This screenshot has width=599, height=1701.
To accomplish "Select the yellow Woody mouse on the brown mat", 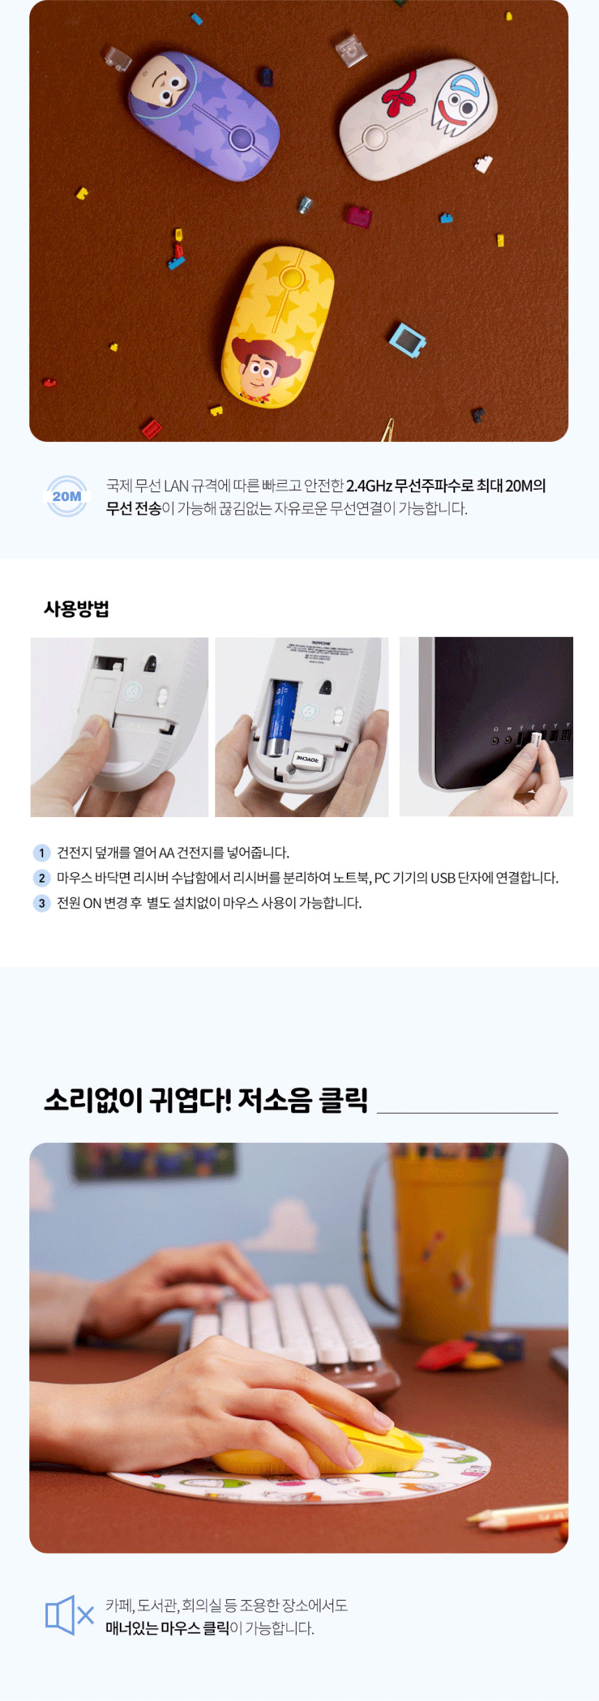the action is [277, 326].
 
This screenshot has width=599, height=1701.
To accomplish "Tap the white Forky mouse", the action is [418, 118].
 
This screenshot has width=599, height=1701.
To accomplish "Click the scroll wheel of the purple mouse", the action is [241, 137].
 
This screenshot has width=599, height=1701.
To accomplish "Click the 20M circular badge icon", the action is [67, 496].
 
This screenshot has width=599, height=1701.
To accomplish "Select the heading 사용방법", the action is [77, 609].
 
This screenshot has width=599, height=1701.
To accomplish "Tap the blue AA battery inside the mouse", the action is [281, 718].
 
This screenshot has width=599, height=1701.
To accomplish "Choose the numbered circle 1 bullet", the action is [42, 853].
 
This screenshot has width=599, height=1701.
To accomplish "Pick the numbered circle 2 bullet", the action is [42, 878].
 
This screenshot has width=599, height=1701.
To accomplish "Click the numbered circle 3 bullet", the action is [42, 903].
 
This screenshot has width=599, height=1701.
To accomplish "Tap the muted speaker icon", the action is [70, 1615].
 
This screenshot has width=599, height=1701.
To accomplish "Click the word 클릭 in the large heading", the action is [343, 1100].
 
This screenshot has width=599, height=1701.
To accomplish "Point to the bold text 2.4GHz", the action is [369, 486].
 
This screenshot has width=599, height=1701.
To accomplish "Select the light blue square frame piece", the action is [407, 340].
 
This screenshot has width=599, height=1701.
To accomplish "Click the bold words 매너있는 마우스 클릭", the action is [167, 1629].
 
